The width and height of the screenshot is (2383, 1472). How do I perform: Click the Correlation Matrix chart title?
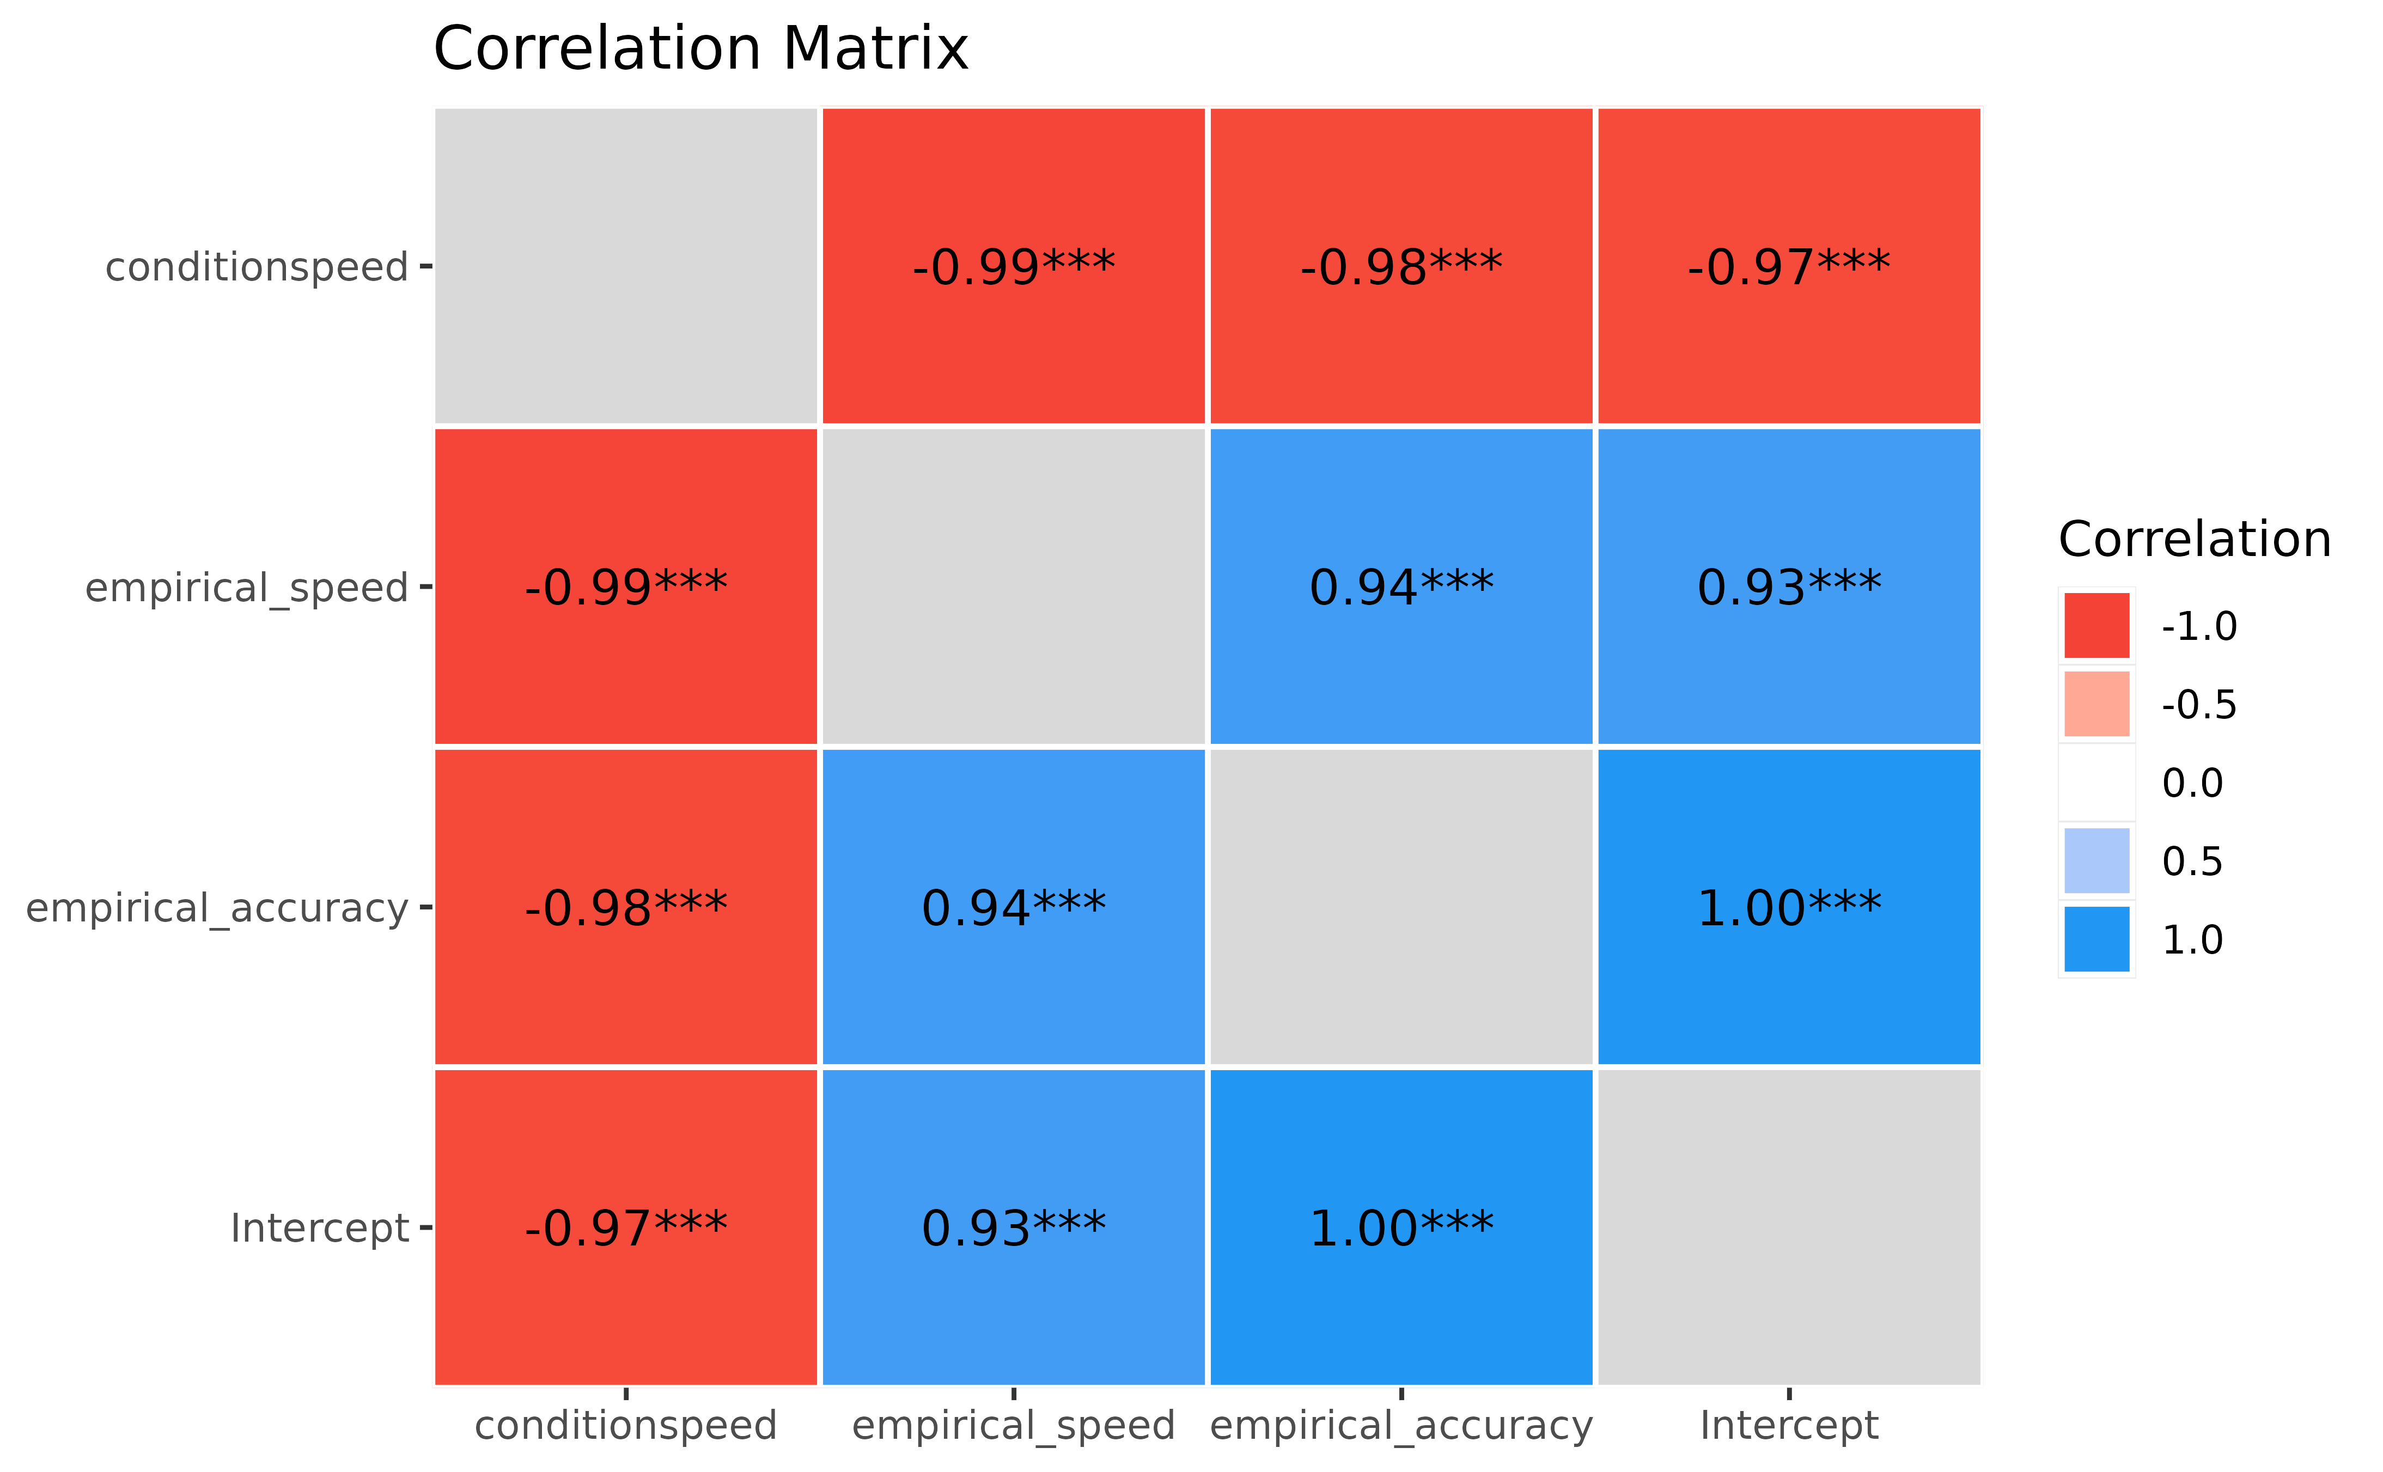pos(701,48)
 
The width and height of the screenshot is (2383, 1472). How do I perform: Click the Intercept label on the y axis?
pos(319,1229)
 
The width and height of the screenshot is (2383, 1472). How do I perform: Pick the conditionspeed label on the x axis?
pos(626,1425)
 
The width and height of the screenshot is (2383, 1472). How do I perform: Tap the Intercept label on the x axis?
pos(1789,1425)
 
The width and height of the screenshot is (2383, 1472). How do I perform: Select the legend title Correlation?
pos(2194,539)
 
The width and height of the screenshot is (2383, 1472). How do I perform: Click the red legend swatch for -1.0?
pos(2097,626)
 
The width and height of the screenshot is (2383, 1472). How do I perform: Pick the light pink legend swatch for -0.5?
pos(2097,704)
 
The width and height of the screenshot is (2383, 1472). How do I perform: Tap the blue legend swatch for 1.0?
pos(2097,939)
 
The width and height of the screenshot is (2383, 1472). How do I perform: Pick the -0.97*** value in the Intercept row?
pos(626,1229)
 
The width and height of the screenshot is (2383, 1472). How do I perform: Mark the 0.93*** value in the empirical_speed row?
pos(1789,588)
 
